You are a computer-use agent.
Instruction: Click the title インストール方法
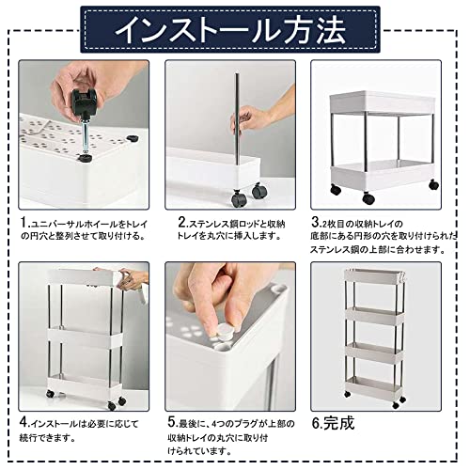coord(230,29)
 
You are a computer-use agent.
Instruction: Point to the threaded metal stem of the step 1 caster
coord(86,135)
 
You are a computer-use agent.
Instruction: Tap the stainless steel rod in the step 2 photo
coord(237,119)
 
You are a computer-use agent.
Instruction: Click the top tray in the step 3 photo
coord(382,102)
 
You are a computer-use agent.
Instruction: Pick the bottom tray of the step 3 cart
coord(382,175)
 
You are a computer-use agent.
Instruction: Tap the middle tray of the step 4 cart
coord(85,337)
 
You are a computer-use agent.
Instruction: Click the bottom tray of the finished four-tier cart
coord(374,386)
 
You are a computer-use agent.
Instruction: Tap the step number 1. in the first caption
coord(25,223)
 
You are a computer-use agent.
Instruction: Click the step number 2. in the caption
coord(182,223)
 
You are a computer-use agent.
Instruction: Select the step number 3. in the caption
coord(317,222)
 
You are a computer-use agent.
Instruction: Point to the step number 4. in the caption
coord(24,422)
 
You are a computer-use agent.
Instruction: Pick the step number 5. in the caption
coord(173,422)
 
